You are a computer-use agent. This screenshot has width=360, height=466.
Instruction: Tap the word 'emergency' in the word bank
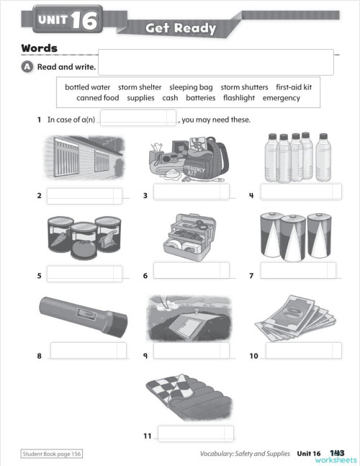pyautogui.click(x=282, y=98)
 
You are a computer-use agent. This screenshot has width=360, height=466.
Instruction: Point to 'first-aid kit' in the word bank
pyautogui.click(x=294, y=87)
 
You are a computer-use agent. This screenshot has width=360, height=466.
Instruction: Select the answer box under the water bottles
pyautogui.click(x=300, y=192)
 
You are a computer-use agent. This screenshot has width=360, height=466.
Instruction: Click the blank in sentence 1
pyautogui.click(x=138, y=118)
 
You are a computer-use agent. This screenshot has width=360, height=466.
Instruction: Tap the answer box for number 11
pyautogui.click(x=195, y=434)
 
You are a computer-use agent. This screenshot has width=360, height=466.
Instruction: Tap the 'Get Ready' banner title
pyautogui.click(x=181, y=29)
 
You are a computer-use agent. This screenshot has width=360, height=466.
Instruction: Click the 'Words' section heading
pyautogui.click(x=40, y=48)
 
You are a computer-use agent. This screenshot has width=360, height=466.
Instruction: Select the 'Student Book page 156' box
pyautogui.click(x=51, y=454)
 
